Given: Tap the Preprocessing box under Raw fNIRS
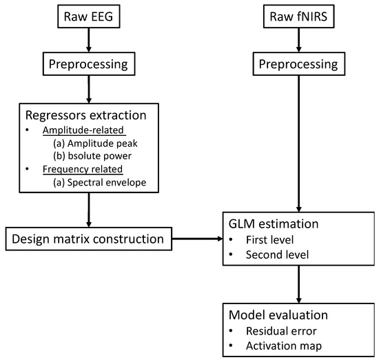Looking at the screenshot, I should (x=298, y=66).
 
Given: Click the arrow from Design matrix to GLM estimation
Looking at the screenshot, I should (x=196, y=240).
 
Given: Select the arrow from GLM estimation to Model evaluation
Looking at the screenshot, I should (x=298, y=283).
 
